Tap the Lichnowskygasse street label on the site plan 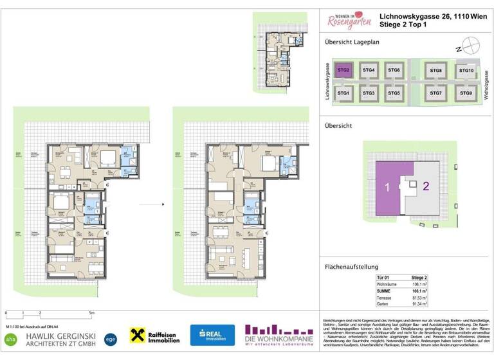pos(327,82)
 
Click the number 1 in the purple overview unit pos(387,188)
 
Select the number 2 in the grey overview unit pos(426,187)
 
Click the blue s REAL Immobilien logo pos(212,335)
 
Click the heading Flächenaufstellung pos(351,267)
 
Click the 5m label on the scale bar pos(92,312)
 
